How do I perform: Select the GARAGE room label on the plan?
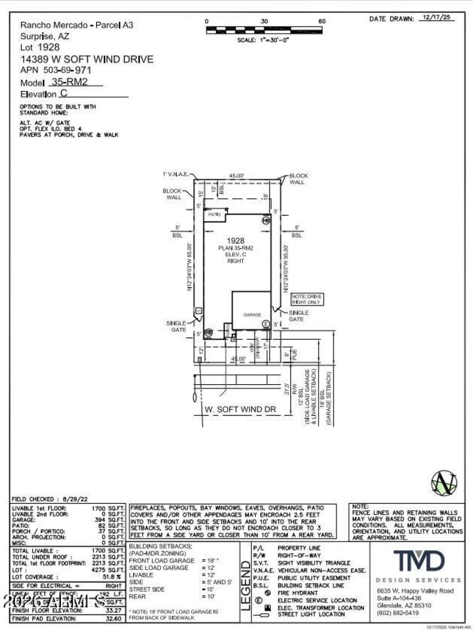252,315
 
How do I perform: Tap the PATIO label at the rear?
213,215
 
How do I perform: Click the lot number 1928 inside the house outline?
235,241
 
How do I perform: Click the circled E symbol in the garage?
266,324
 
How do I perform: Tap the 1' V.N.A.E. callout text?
176,174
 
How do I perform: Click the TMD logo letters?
419,560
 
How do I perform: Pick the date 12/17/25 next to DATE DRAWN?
437,18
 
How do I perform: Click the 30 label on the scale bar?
264,21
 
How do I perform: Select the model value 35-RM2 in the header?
70,82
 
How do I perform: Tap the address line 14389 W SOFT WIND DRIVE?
87,59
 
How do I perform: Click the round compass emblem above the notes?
445,482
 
